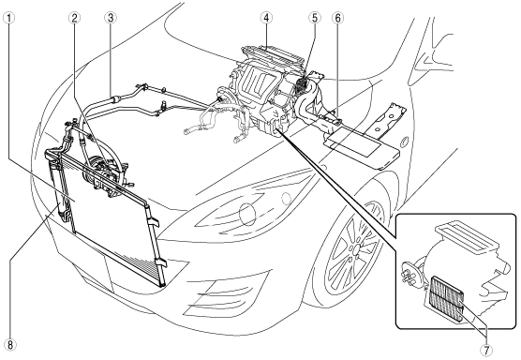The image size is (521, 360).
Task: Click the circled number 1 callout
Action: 8,18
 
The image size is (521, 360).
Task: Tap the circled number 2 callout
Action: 74,18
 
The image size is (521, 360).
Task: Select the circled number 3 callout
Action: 111,18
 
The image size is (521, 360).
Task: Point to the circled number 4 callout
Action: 266,18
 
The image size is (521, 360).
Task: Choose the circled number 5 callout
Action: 315,18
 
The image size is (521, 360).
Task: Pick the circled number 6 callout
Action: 337,18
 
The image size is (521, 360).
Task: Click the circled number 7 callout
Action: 486,350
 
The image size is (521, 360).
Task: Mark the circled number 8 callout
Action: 10,345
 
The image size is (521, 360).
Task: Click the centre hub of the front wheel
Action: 356,248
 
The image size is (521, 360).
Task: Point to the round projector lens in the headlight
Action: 247,213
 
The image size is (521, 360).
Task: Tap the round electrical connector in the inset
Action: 409,274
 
